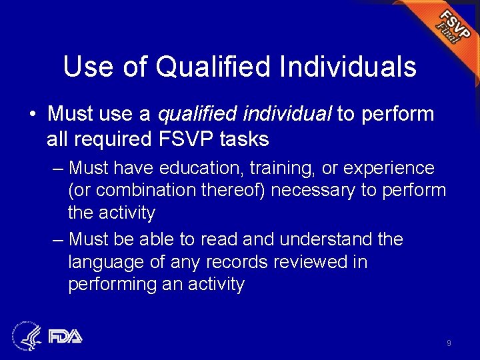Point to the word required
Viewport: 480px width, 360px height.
pyautogui.click(x=109, y=139)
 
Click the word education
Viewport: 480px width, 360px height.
pyautogui.click(x=219, y=168)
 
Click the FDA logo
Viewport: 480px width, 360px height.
pyautogui.click(x=65, y=336)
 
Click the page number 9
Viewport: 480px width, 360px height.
pyautogui.click(x=449, y=343)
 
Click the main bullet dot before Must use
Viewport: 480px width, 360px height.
pyautogui.click(x=32, y=115)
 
